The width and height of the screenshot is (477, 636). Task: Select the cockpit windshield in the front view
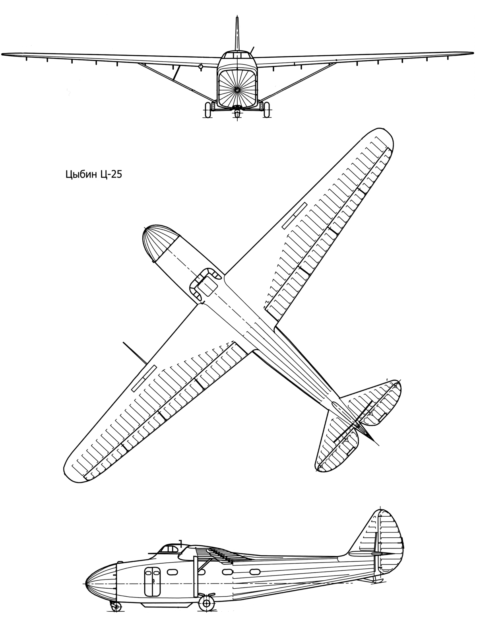pyautogui.click(x=237, y=54)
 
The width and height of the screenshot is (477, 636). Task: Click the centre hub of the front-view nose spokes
pyautogui.click(x=237, y=90)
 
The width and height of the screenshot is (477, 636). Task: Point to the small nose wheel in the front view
pyautogui.click(x=237, y=113)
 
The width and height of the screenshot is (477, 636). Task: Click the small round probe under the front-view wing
pyautogui.click(x=200, y=67)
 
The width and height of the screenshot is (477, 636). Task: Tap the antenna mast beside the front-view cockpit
pyautogui.click(x=253, y=49)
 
